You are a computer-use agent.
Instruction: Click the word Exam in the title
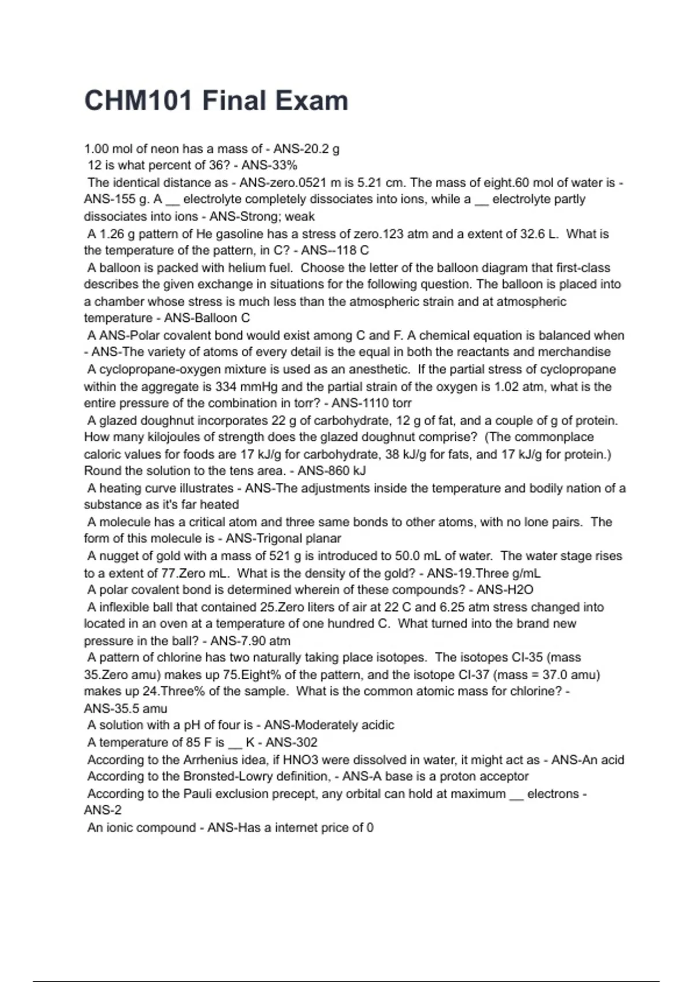311,101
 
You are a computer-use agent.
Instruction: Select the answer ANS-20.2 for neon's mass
300,148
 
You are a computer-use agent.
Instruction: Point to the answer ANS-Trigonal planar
283,538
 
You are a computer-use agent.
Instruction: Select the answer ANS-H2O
505,590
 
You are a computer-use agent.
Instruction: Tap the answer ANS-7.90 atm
250,641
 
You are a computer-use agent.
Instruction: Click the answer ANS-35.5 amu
125,708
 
